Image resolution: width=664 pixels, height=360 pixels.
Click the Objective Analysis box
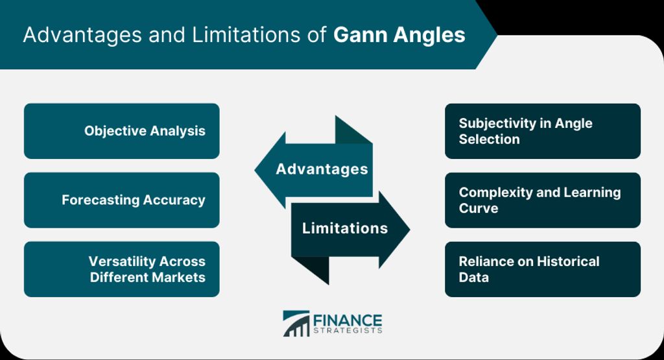121,131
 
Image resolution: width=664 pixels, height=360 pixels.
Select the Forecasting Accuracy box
121,200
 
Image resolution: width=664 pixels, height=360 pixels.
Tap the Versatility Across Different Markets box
121,269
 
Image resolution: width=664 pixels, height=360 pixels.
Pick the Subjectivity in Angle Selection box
543,131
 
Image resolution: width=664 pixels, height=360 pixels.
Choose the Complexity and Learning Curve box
543,200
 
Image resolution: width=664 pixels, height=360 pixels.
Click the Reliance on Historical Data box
543,269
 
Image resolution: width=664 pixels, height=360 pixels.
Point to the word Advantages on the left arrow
322,169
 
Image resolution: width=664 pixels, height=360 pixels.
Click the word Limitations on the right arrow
345,228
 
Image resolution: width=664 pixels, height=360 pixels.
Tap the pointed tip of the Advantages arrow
255,170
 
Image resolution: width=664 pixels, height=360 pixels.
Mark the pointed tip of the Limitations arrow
410,230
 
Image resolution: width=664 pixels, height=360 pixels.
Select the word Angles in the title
429,36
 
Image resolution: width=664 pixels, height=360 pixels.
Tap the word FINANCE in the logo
348,320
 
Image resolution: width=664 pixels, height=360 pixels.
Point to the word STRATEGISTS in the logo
348,330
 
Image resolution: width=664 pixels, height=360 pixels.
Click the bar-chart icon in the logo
296,324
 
